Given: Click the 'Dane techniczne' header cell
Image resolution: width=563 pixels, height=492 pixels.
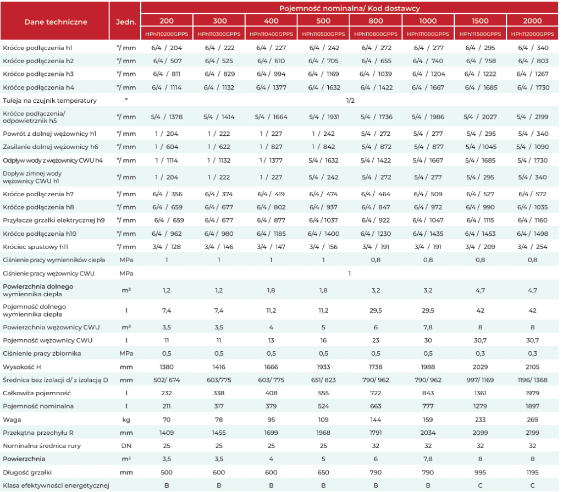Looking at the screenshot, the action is [56, 22].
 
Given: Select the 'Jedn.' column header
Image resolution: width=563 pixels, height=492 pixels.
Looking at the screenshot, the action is [126, 22].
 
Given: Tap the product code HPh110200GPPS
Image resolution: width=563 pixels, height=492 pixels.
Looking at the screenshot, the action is [167, 34].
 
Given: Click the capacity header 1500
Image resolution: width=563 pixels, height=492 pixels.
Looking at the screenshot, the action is [480, 21].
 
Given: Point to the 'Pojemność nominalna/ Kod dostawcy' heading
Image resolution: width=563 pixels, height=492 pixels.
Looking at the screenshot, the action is [349, 8].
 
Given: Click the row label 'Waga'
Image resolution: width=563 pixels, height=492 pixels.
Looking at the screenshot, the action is [12, 419].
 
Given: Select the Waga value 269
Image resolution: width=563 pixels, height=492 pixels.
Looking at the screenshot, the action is [532, 419].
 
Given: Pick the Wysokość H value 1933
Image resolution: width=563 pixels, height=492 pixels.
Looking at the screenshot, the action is [323, 367].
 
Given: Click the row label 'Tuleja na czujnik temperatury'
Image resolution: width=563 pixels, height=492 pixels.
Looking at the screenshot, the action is [49, 101].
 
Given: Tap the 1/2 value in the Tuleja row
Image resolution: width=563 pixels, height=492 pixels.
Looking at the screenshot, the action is [350, 101].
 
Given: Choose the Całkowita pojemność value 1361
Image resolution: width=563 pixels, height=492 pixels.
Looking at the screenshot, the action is [480, 393].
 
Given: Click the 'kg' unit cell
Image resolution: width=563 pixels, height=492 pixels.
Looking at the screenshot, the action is [126, 419].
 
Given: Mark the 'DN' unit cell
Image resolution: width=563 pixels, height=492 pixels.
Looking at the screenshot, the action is [126, 446].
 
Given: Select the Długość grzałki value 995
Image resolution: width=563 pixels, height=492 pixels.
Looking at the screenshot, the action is [480, 472].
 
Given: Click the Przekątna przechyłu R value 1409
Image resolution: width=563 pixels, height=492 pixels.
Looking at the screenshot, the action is [167, 433].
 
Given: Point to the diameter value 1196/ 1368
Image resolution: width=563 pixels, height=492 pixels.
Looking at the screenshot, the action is [532, 380].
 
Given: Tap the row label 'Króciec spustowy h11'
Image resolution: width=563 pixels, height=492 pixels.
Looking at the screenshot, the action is [35, 247].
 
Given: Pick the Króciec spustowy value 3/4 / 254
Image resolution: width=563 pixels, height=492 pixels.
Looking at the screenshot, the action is [532, 247].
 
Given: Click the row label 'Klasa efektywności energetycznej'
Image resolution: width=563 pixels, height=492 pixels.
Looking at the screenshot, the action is [56, 485].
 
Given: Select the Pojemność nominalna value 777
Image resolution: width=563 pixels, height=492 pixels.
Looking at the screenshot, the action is [428, 406].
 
